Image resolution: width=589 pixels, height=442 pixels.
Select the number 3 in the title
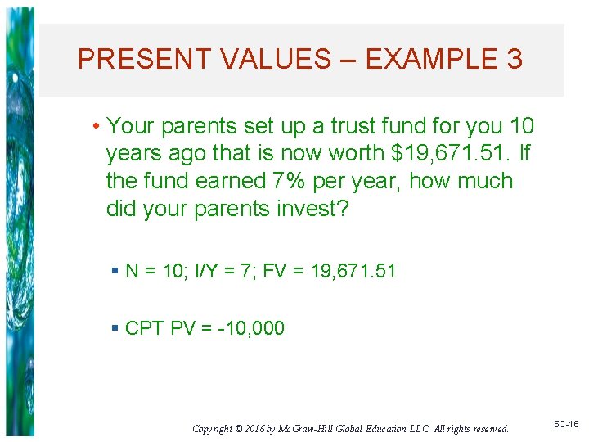tap(515, 59)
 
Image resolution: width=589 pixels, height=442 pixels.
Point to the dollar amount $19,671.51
tap(440, 154)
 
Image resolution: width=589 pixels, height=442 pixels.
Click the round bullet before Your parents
tap(97, 127)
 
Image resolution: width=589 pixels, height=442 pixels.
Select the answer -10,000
tap(251, 328)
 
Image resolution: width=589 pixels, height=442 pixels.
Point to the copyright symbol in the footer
tap(238, 428)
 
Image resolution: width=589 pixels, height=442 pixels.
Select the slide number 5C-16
tap(566, 424)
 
